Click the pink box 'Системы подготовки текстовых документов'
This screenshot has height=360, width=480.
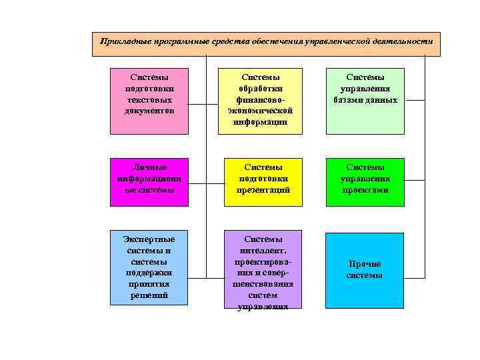click(x=148, y=101)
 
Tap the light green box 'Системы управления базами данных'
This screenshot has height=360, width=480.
click(x=364, y=101)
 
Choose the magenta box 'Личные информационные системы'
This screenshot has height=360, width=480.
click(x=148, y=179)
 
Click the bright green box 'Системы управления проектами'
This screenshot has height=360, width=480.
click(x=364, y=179)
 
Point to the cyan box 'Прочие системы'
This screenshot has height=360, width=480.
click(x=364, y=270)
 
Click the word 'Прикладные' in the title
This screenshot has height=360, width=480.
click(x=122, y=41)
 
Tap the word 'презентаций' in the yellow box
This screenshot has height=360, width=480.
click(x=263, y=190)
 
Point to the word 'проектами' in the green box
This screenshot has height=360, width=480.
click(x=364, y=190)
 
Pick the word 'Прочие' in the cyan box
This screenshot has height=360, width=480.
click(x=364, y=264)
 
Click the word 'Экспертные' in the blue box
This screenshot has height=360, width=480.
click(x=149, y=239)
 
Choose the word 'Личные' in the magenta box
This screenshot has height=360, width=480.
click(x=149, y=167)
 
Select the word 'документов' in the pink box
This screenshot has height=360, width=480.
click(x=149, y=111)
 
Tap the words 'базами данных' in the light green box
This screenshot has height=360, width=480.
click(x=365, y=100)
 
